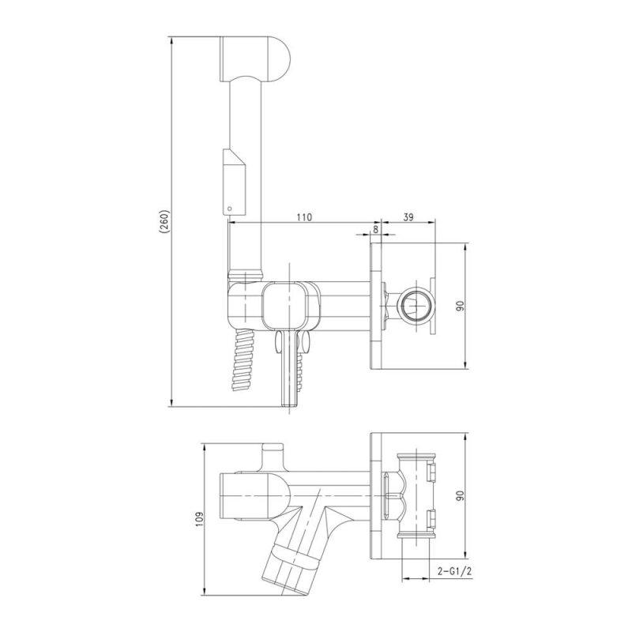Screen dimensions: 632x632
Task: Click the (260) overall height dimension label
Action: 164,222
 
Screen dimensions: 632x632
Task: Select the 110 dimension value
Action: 304,217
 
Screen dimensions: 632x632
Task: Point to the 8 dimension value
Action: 376,229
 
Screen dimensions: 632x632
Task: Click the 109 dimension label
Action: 201,519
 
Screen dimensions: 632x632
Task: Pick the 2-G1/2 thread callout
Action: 454,570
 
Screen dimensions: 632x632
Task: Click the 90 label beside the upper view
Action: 461,306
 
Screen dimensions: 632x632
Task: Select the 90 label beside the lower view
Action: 461,495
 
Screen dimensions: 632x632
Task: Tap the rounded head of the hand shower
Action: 254,59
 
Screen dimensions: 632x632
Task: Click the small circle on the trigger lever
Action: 230,209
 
